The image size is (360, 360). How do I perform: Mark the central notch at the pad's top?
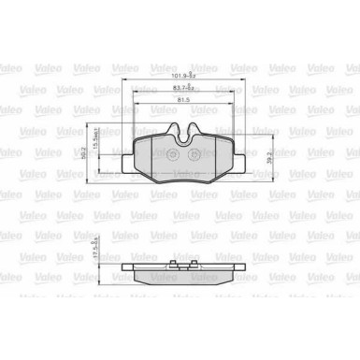pyautogui.click(x=183, y=136)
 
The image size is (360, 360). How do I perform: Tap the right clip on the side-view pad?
pyautogui.click(x=224, y=266)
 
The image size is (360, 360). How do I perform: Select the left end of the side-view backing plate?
pyautogui.click(x=125, y=270)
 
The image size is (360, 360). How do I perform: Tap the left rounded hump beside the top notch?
pyautogui.click(x=171, y=131)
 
